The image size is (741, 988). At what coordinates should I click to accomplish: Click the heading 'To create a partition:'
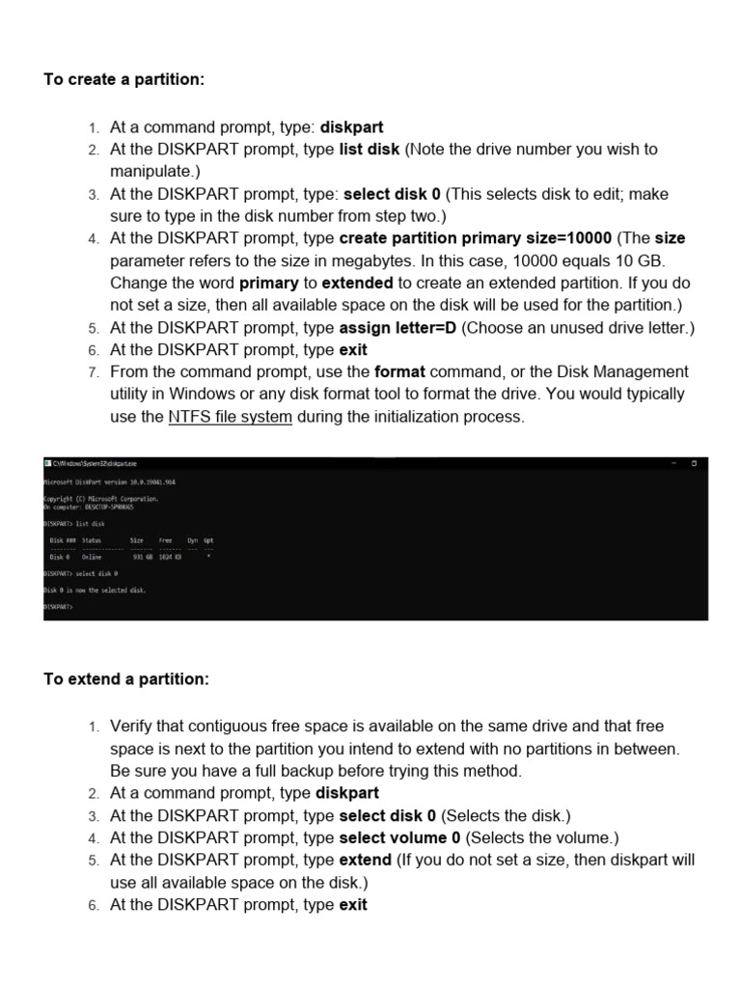[x=123, y=79]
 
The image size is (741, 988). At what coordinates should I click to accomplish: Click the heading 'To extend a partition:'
[x=125, y=679]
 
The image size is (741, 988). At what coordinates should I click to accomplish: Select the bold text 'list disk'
[x=369, y=150]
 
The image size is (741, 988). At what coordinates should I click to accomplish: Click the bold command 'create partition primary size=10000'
[x=475, y=238]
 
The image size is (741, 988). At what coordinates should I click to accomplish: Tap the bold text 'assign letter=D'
[x=398, y=327]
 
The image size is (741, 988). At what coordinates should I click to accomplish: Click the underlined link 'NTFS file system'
[x=230, y=417]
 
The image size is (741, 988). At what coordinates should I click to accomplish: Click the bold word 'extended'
[x=357, y=283]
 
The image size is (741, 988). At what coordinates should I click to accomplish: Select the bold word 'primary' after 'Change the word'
[x=268, y=283]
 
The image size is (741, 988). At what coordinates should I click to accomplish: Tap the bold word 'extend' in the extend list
[x=366, y=860]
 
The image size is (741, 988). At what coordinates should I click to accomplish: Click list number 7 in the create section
[x=94, y=372]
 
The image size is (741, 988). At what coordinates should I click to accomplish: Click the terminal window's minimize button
[x=673, y=464]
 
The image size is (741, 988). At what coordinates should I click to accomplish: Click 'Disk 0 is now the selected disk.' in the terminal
[x=96, y=590]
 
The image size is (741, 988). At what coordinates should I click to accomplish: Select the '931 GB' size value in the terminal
[x=142, y=557]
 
